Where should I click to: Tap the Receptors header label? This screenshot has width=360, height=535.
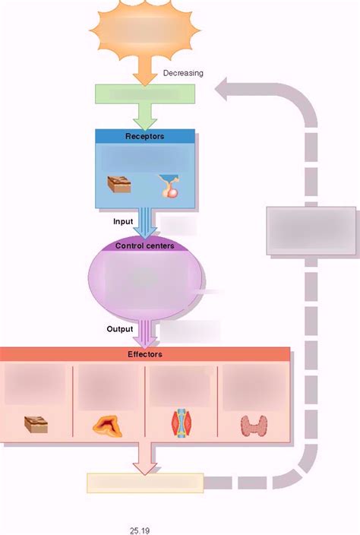(x=144, y=136)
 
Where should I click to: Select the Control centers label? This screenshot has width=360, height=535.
(x=144, y=245)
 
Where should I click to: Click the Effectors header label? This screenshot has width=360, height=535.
(x=144, y=354)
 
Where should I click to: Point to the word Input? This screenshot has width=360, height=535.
(x=122, y=222)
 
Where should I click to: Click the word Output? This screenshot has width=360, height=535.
(x=120, y=329)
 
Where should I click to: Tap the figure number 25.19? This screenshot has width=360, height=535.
(x=140, y=530)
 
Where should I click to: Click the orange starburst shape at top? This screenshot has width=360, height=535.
(x=144, y=30)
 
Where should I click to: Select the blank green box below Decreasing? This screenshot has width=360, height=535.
(x=145, y=94)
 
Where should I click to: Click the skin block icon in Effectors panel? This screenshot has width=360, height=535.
(x=36, y=424)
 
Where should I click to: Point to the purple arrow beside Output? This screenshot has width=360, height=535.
(x=144, y=332)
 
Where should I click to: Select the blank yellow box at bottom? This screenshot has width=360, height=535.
(x=145, y=483)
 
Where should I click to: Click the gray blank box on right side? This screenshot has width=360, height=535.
(x=310, y=230)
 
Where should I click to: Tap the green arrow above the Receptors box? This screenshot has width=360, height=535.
(x=144, y=116)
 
